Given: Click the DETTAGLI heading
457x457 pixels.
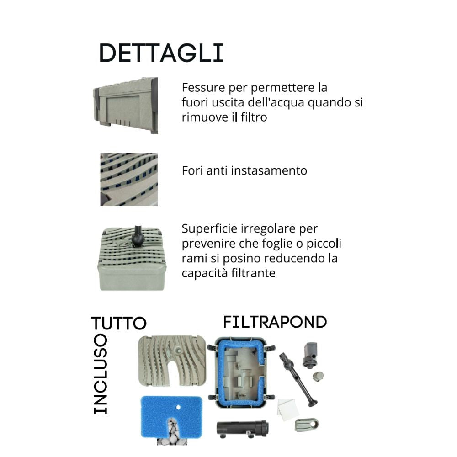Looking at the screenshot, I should tap(161, 53).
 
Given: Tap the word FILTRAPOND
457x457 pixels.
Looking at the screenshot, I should tap(275, 322).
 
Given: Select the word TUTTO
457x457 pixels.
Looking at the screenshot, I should tap(119, 323).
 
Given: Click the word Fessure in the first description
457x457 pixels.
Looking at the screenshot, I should tap(200, 87).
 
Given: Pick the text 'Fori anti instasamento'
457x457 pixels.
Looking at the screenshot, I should tap(244, 170).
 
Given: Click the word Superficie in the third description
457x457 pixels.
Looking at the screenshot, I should tap(206, 228).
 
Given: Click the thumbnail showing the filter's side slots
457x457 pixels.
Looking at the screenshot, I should tap(126, 105).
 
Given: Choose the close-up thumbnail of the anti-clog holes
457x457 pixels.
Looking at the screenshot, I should tap(129, 179).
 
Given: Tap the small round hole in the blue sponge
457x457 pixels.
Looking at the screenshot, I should tap(178, 407).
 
